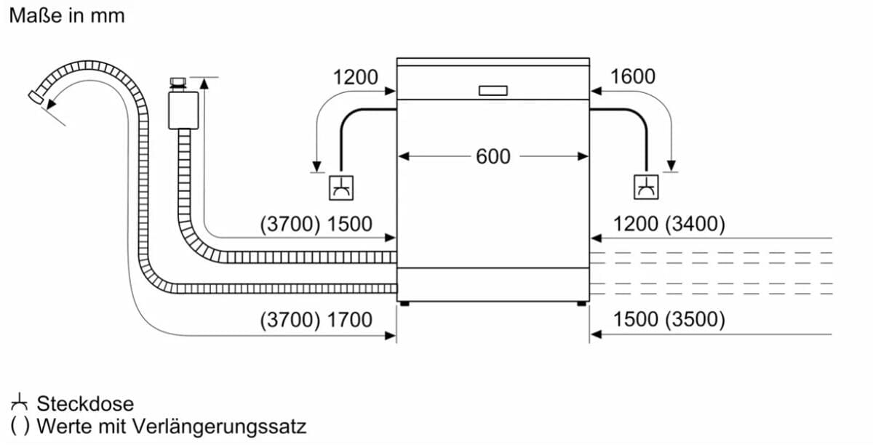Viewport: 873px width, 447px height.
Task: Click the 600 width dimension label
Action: [x=493, y=156]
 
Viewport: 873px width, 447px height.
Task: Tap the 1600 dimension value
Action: [x=632, y=76]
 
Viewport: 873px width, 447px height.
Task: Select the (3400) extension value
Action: [x=695, y=224]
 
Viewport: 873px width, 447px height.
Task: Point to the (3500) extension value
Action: [x=695, y=319]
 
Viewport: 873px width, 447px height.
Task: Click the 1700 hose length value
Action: [x=350, y=320]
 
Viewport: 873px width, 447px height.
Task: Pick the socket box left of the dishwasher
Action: [x=341, y=188]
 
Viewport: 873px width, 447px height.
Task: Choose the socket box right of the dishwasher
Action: [x=646, y=188]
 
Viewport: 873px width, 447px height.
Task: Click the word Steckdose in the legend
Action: [x=85, y=403]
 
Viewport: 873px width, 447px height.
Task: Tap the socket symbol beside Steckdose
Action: [x=19, y=402]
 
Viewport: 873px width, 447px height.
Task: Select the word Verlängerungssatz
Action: [x=220, y=427]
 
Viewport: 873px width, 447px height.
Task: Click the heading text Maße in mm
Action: [x=67, y=16]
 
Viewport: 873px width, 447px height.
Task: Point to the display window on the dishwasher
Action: [x=493, y=91]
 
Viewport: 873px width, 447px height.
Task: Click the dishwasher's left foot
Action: [x=405, y=304]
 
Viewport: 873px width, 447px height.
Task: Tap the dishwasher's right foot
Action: [x=581, y=304]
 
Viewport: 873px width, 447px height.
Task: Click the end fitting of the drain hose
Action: [x=36, y=97]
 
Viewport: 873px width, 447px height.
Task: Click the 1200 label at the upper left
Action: [x=356, y=77]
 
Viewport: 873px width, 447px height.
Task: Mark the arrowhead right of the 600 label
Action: [x=583, y=156]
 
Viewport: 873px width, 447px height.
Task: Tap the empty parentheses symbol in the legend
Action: [x=20, y=427]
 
